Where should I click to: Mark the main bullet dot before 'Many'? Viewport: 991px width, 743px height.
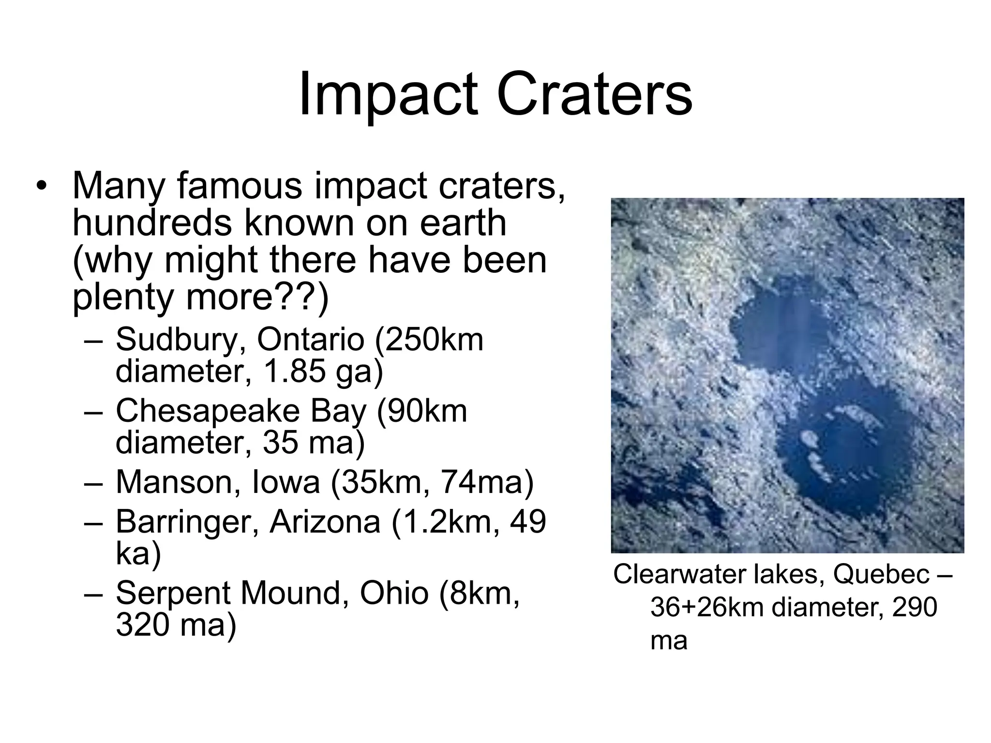[x=42, y=187]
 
